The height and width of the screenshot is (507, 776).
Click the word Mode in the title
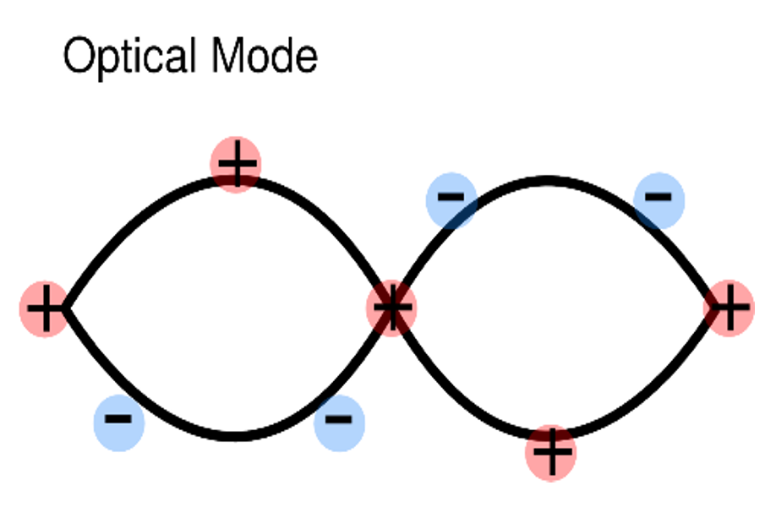click(265, 57)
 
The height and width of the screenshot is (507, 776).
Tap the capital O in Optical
click(79, 57)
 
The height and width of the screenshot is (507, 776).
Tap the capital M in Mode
click(229, 57)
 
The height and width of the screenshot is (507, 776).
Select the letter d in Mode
click(284, 57)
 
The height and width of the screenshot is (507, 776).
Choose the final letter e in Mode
click(308, 58)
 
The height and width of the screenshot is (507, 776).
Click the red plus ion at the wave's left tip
click(44, 308)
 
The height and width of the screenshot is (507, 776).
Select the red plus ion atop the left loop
click(236, 166)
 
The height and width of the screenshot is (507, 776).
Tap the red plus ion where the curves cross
click(391, 308)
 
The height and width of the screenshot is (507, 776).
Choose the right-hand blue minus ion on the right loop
click(659, 199)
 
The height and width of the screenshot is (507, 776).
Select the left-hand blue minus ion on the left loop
click(119, 420)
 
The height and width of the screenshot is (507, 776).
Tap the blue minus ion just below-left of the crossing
click(339, 420)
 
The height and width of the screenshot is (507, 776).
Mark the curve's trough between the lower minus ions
click(235, 437)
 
